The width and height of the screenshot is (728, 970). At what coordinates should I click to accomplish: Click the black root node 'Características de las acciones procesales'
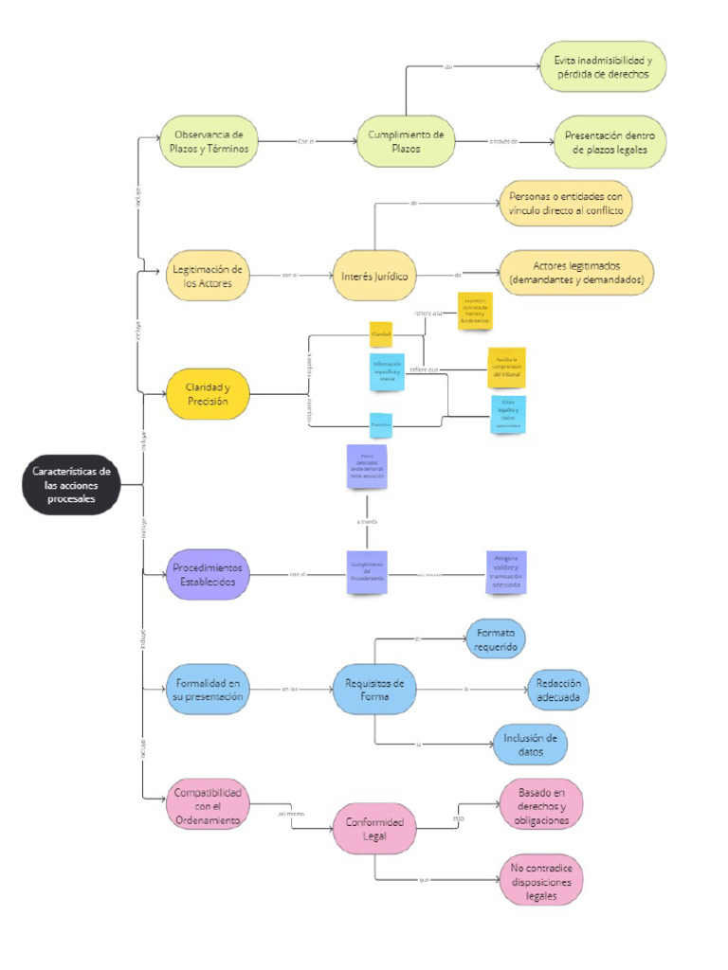point(71,485)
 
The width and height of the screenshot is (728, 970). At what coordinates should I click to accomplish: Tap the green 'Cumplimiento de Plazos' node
point(406,142)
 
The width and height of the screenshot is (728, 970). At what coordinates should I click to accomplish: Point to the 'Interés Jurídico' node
point(374,276)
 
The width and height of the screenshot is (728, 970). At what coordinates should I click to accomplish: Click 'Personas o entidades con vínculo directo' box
point(565,204)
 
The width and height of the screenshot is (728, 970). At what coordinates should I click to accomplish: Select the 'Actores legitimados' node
point(575,274)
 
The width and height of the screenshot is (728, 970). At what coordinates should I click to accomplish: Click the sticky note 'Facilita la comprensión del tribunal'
point(505,368)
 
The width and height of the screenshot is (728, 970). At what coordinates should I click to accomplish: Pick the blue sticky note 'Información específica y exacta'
point(387,370)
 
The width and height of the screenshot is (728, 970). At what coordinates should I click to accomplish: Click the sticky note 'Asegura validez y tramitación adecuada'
point(504,572)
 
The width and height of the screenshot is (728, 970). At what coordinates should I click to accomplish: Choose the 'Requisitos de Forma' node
point(374,690)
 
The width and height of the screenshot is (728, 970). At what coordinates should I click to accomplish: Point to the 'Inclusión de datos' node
point(530,745)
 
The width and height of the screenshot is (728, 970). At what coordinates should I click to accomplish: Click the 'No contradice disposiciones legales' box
point(541,879)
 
